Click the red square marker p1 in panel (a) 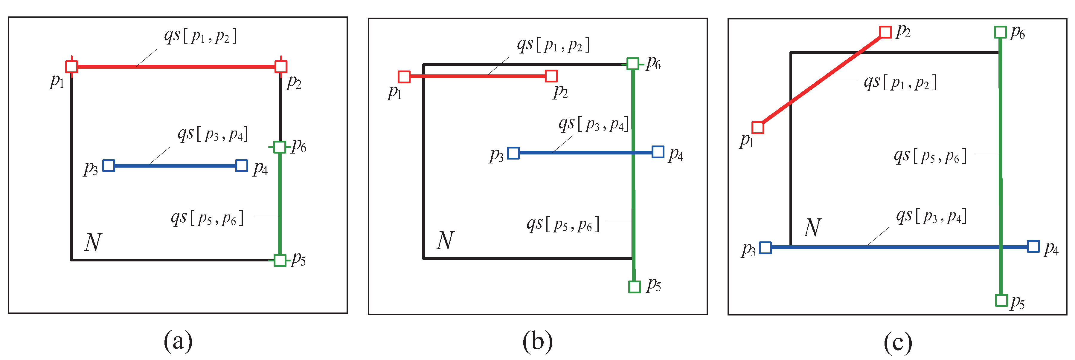click(71, 67)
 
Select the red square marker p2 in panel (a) click(281, 67)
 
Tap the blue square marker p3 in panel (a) click(109, 166)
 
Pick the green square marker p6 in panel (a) click(280, 147)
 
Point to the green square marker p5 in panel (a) click(280, 260)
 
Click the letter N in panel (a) click(93, 242)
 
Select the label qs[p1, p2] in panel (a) click(201, 36)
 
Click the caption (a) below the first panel click(178, 341)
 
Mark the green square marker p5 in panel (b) click(634, 287)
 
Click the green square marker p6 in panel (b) click(633, 64)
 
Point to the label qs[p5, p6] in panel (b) click(563, 224)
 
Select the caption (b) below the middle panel click(538, 341)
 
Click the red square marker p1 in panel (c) click(758, 128)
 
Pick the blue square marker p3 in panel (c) click(765, 248)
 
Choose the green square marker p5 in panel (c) click(1001, 300)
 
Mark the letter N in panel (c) click(812, 228)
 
